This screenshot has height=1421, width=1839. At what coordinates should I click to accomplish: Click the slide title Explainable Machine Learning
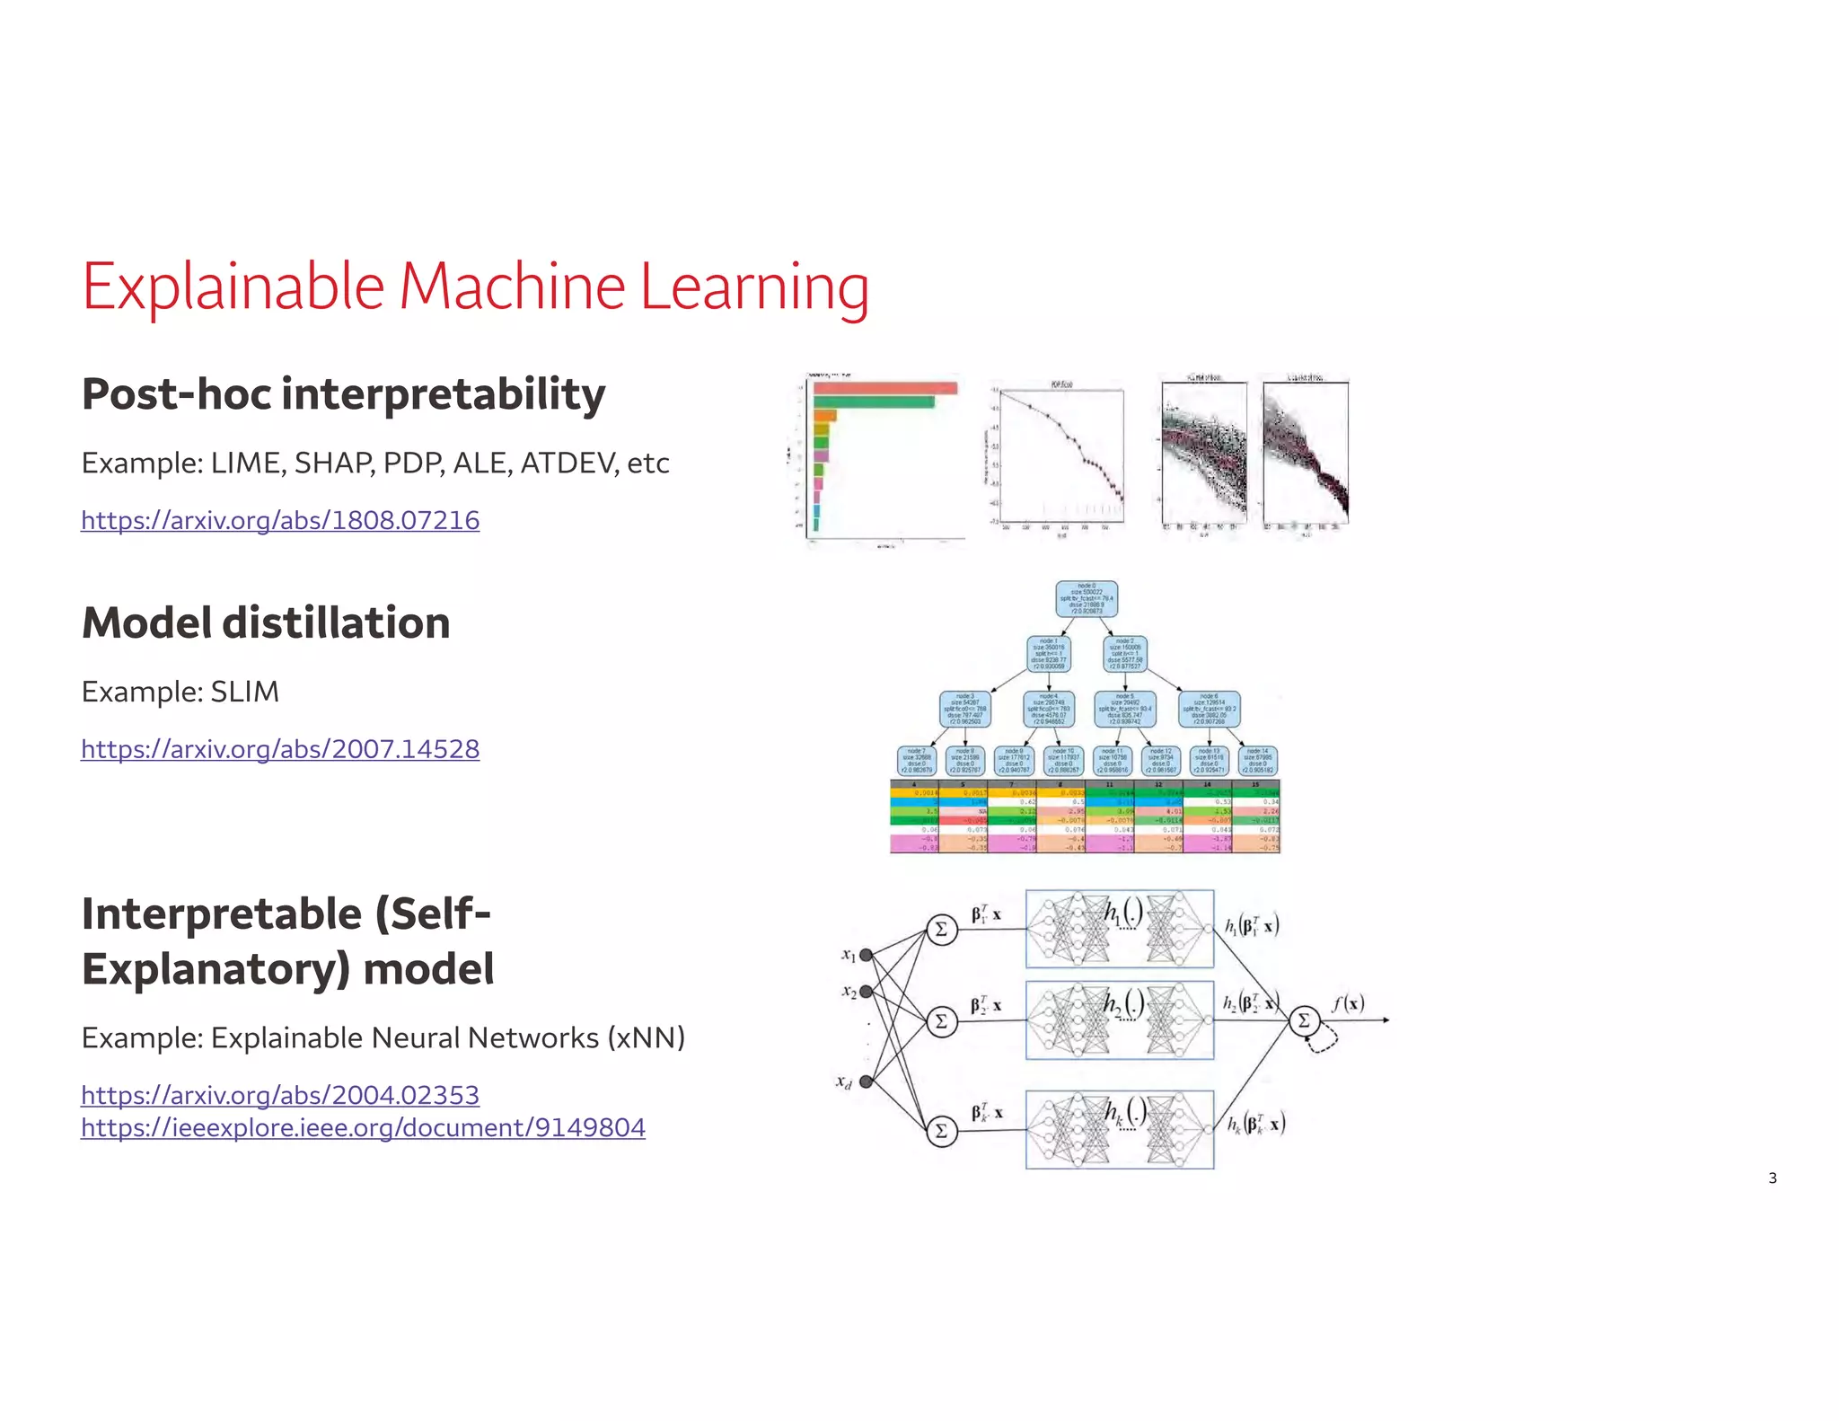(x=475, y=287)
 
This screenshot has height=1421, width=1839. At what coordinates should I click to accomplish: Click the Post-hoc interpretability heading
(x=343, y=394)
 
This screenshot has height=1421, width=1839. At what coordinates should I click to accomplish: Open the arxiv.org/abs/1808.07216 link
(x=280, y=520)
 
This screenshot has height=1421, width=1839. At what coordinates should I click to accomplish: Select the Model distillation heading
(x=266, y=622)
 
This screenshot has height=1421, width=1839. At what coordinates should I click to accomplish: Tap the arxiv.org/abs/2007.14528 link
(x=280, y=749)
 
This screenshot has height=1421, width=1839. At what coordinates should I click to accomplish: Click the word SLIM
(x=244, y=692)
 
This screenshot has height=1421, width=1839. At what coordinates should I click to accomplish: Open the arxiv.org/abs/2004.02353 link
(x=280, y=1095)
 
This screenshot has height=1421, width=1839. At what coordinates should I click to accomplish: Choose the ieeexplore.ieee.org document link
(x=363, y=1127)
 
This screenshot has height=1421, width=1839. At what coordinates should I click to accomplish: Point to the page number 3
(x=1772, y=1178)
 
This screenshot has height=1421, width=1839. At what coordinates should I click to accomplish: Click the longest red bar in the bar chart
(x=884, y=388)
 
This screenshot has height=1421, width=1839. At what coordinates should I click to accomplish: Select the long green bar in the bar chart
(x=873, y=402)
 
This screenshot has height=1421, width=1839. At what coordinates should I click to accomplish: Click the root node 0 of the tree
(x=1087, y=598)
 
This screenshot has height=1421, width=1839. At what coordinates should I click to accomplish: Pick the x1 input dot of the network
(x=866, y=955)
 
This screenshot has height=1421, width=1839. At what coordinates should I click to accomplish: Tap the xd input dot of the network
(x=866, y=1081)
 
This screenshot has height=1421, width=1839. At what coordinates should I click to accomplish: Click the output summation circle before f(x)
(x=1304, y=1020)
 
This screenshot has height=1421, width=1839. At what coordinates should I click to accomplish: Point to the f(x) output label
(x=1348, y=1003)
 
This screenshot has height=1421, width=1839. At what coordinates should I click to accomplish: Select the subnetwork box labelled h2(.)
(x=1120, y=1020)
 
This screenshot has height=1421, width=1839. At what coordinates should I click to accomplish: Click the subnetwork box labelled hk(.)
(x=1120, y=1129)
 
